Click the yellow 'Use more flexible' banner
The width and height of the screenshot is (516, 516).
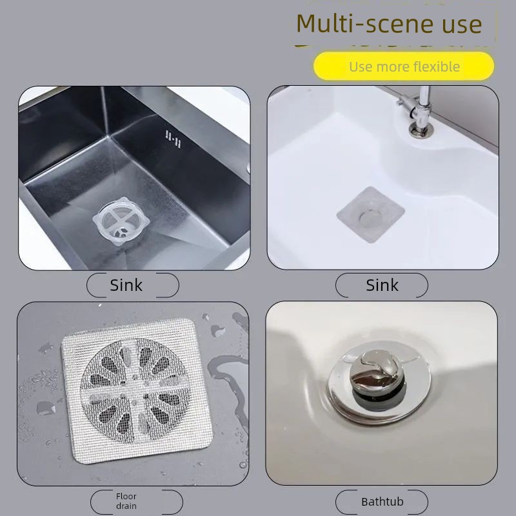(x=404, y=66)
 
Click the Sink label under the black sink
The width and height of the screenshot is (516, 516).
(x=126, y=285)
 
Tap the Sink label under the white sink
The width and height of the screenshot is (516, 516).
(x=382, y=285)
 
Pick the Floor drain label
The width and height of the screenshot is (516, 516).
(x=126, y=501)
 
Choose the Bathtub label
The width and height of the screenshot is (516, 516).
(x=382, y=502)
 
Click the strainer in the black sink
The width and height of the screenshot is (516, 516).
(x=121, y=221)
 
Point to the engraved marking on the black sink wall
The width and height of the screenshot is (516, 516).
(x=173, y=139)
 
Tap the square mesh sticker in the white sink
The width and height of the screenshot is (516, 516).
(x=370, y=215)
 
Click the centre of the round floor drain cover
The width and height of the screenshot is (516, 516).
(x=135, y=391)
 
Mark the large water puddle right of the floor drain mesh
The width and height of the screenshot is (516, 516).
(x=230, y=388)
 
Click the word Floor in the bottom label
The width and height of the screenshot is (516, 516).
(x=126, y=496)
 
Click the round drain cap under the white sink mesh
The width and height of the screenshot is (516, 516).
(x=371, y=218)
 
